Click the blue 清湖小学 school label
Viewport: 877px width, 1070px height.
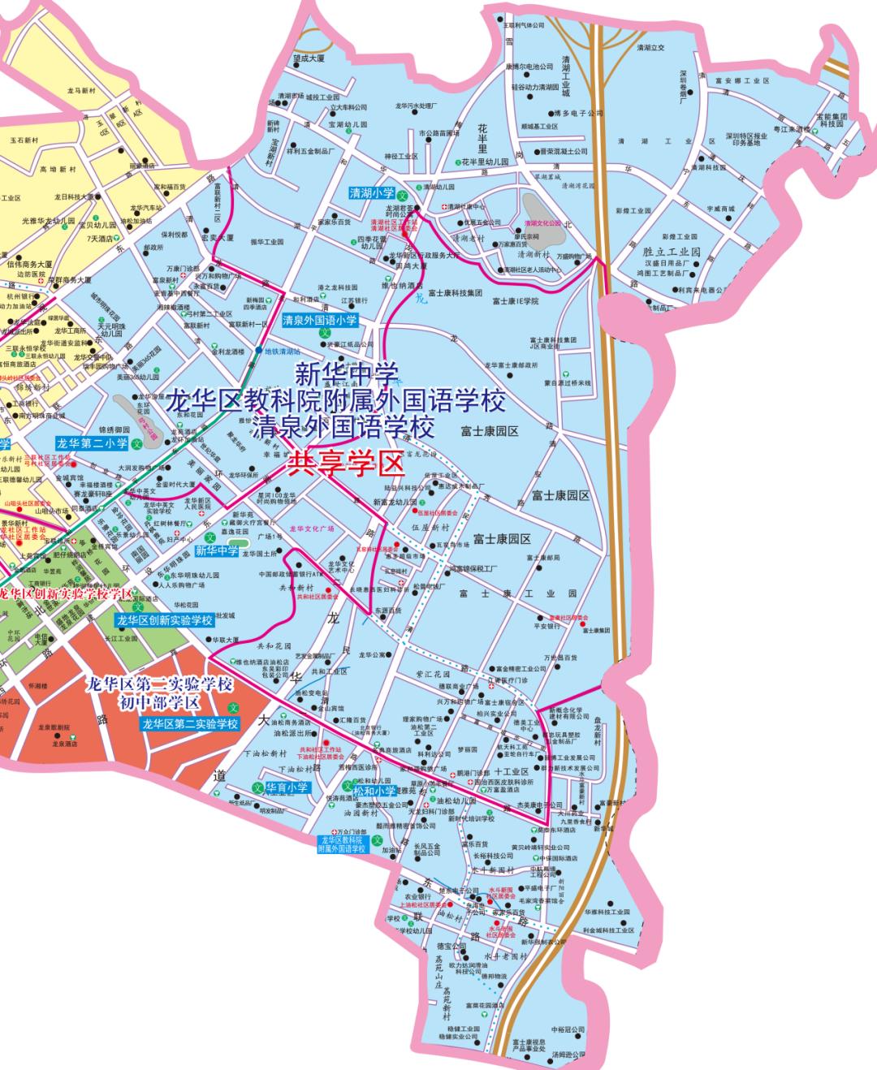click(x=372, y=193)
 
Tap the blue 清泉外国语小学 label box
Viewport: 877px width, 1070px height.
click(x=320, y=321)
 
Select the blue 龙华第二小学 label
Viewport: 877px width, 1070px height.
click(x=92, y=443)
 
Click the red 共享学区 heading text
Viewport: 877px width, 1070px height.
click(x=347, y=464)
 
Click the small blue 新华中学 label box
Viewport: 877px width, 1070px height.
click(x=217, y=551)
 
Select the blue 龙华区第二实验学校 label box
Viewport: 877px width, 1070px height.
click(x=190, y=724)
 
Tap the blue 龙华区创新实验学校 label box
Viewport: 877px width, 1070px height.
click(x=164, y=620)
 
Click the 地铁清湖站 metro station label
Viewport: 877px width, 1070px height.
click(x=283, y=352)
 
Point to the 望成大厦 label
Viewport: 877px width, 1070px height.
click(x=309, y=58)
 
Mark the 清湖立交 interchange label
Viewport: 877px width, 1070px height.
click(x=650, y=47)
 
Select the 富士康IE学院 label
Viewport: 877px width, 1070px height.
click(x=516, y=301)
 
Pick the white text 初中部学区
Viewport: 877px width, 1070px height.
click(x=159, y=702)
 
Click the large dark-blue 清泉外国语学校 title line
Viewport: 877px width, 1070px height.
click(x=343, y=425)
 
